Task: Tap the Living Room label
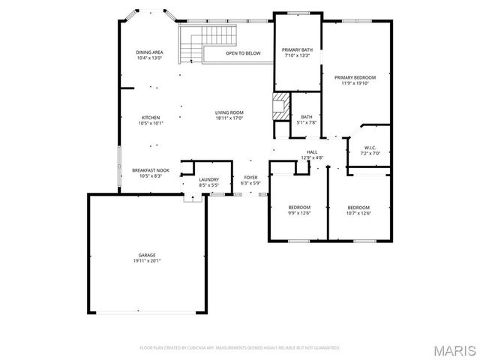229,112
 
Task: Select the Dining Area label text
149,52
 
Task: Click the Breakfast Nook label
151,170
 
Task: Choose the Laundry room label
208,179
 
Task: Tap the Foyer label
250,178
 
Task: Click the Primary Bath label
298,49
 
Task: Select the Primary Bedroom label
355,77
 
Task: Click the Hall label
312,152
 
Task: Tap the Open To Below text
243,53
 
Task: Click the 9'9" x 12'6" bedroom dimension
299,213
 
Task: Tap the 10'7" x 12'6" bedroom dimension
358,213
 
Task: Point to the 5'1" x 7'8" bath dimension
307,122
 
